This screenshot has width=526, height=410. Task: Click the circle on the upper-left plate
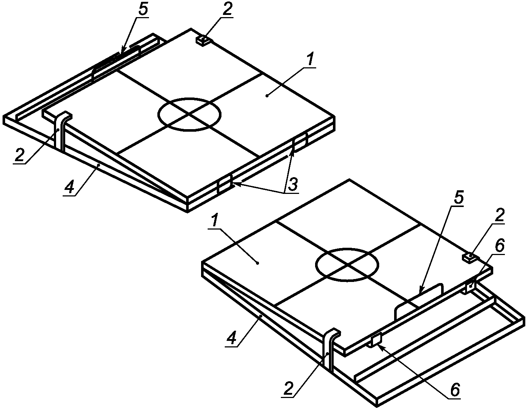[189, 98]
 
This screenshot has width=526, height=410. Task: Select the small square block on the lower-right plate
[470, 259]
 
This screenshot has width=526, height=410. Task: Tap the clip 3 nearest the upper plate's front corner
[225, 184]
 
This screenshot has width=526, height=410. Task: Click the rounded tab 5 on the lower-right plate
[419, 302]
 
